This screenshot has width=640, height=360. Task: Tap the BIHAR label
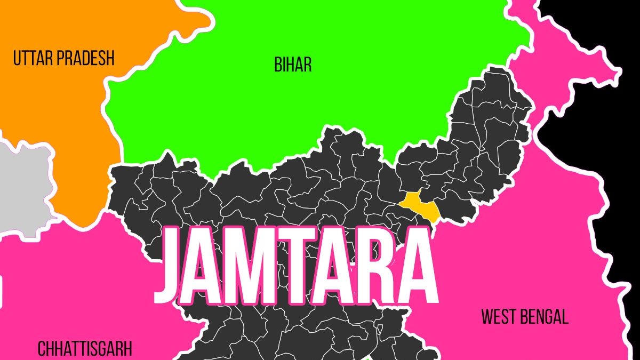click(x=293, y=65)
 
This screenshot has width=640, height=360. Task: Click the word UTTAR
click(x=33, y=58)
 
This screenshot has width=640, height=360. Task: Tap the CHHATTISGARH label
click(x=84, y=349)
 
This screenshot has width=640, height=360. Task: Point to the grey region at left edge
click(x=21, y=187)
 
